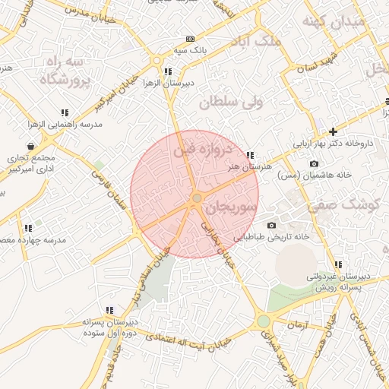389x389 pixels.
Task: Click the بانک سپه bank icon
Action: [x=189, y=40]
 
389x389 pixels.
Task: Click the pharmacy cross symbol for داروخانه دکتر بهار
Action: [x=333, y=131]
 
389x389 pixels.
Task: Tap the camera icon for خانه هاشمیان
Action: [x=314, y=164]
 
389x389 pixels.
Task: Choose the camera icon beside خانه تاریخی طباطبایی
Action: [x=271, y=226]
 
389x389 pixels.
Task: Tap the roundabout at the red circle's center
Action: [x=197, y=198]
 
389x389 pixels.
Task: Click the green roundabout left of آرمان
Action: [x=264, y=321]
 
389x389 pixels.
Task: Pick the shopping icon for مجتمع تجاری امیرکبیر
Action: [x=30, y=146]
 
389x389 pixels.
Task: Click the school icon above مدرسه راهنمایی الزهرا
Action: [x=65, y=112]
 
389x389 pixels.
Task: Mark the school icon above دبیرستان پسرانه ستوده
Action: [x=110, y=310]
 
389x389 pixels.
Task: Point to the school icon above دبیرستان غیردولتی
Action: [x=337, y=265]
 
